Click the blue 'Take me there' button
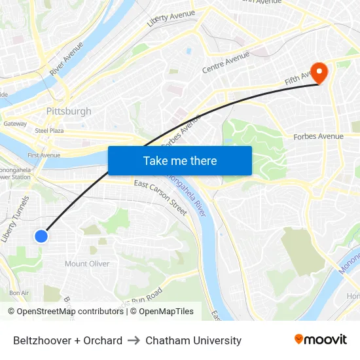pyautogui.click(x=180, y=160)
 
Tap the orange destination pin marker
pyautogui.click(x=319, y=73)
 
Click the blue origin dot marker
pyautogui.click(x=41, y=236)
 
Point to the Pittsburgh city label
pyautogui.click(x=69, y=111)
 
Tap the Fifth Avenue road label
pyautogui.click(x=300, y=81)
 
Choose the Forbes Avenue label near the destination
pyautogui.click(x=318, y=136)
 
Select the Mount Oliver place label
pyautogui.click(x=87, y=264)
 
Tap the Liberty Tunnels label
pyautogui.click(x=16, y=219)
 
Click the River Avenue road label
pyautogui.click(x=66, y=58)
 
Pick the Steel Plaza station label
pyautogui.click(x=48, y=131)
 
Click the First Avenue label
pyautogui.click(x=44, y=155)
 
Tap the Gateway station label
pyautogui.click(x=15, y=123)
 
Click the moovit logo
pyautogui.click(x=320, y=340)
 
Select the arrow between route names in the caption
pyautogui.click(x=134, y=340)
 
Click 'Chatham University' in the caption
pyautogui.click(x=193, y=340)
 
